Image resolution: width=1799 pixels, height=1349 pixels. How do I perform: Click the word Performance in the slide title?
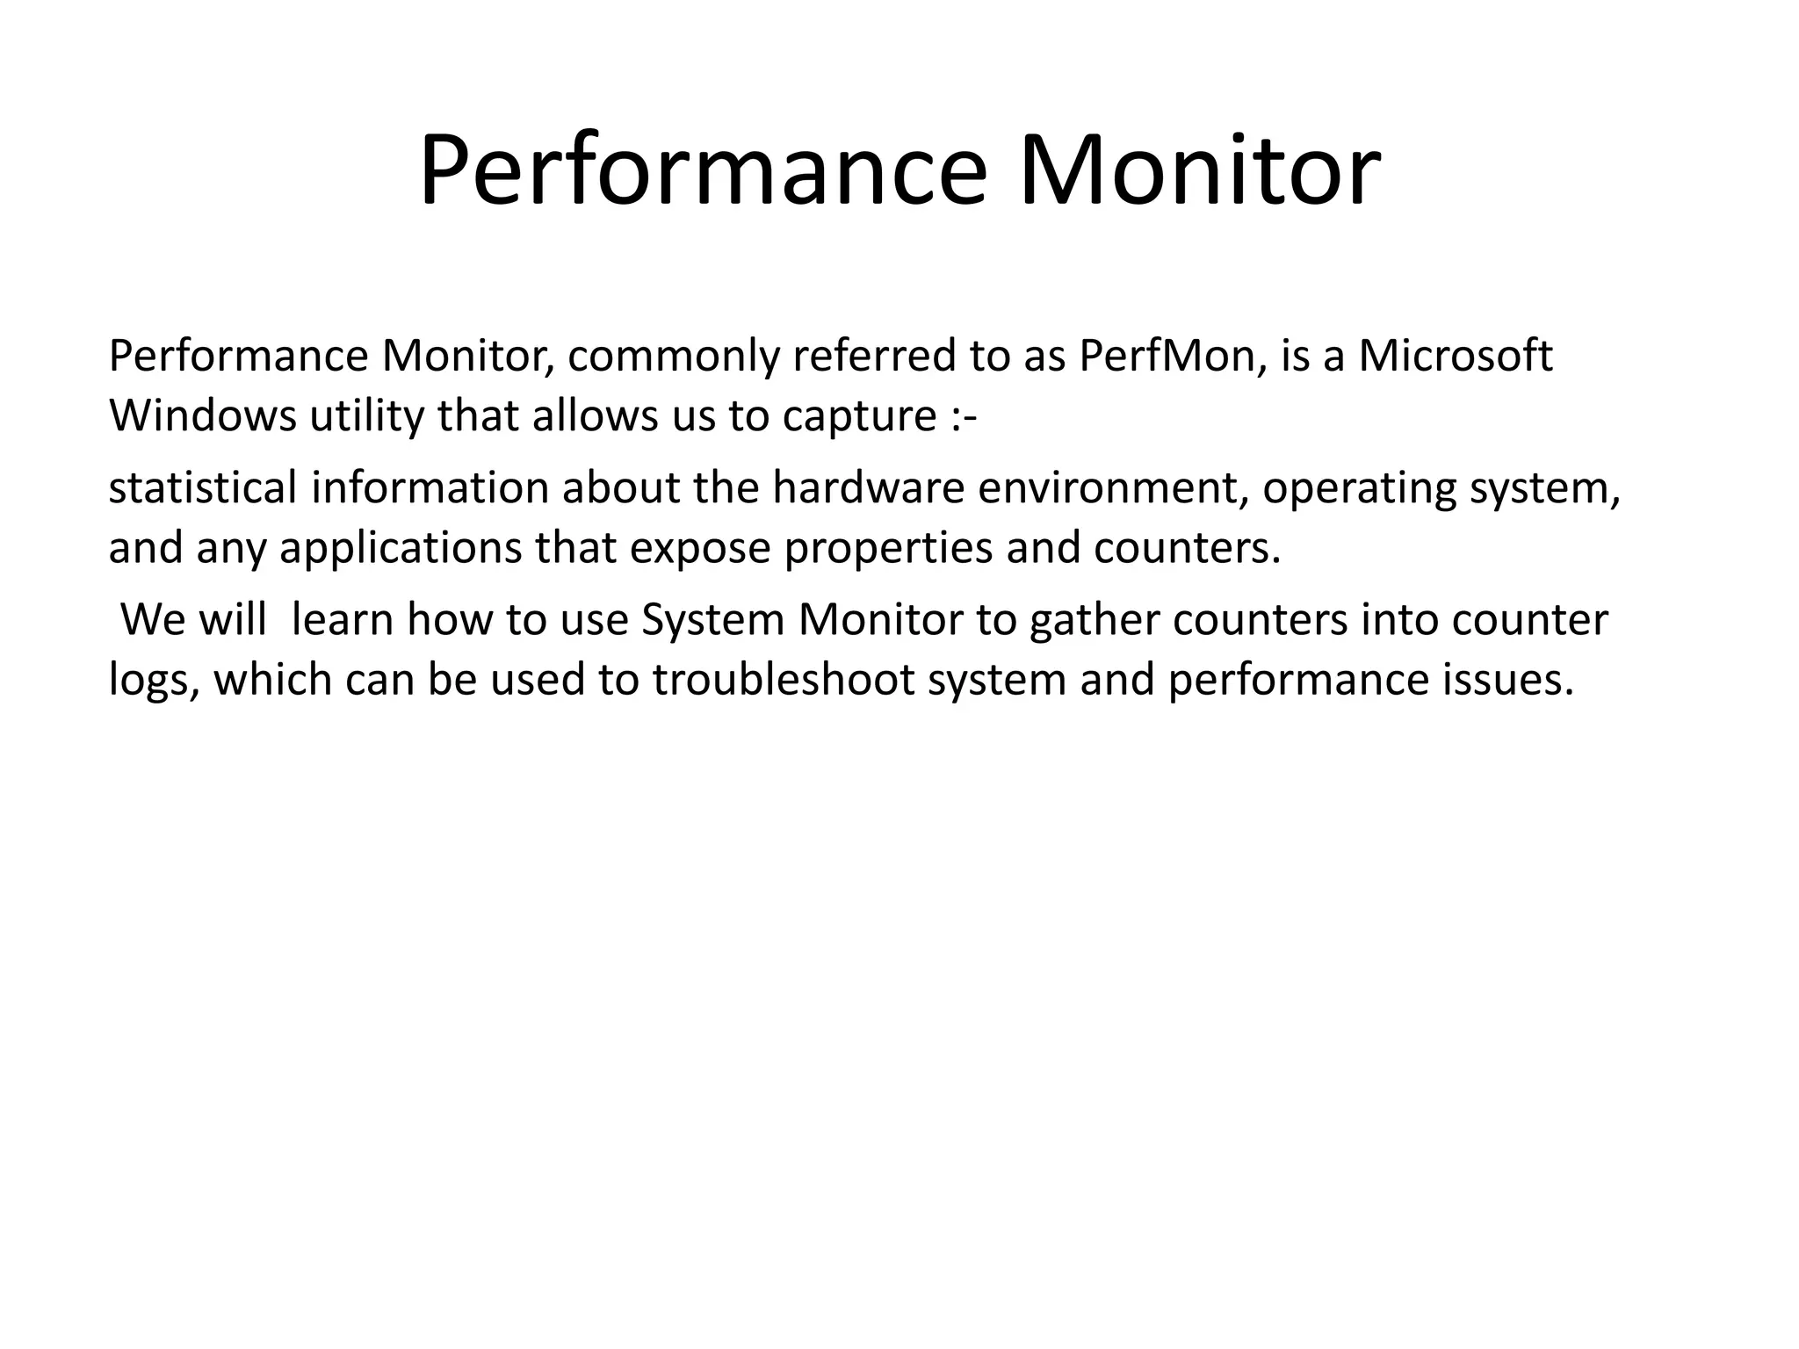[703, 171]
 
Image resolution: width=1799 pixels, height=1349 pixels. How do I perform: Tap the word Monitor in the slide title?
[1199, 171]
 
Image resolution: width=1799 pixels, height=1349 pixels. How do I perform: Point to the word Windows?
[203, 416]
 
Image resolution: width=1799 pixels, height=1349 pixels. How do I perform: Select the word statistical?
[203, 488]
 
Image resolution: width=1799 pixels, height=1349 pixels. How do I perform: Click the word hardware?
[869, 488]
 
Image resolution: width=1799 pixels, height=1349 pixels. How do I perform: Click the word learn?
[343, 620]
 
